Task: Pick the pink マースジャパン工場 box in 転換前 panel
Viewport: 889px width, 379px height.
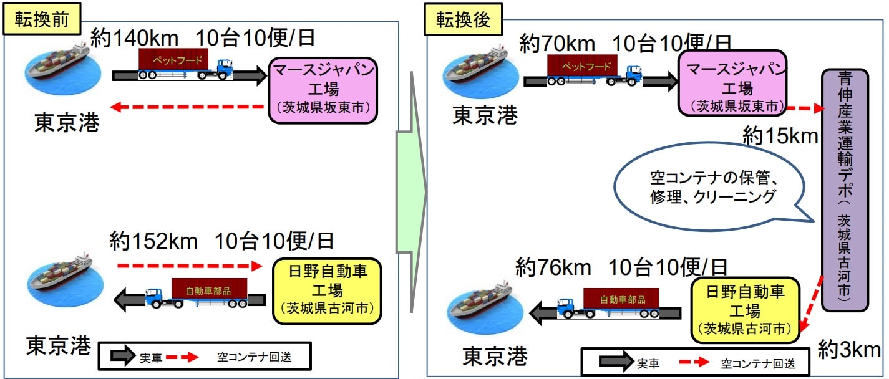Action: (323, 91)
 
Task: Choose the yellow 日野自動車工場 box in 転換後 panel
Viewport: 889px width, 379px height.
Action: (745, 310)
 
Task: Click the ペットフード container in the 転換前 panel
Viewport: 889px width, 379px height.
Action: (172, 60)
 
